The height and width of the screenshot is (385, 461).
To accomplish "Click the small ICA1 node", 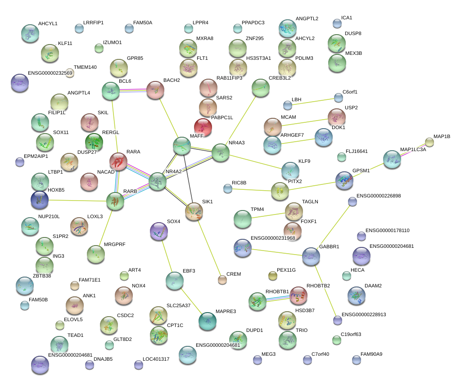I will pos(337,23).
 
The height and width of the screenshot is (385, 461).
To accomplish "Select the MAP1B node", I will pos(429,143).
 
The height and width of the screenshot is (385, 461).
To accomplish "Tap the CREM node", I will pos(222,280).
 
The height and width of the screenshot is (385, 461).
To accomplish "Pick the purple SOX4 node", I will pos(158,231).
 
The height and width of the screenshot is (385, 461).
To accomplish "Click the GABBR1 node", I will pos(311,256).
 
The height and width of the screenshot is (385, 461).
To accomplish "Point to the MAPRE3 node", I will pos(207,320).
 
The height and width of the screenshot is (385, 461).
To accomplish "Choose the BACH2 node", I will pos(155,90).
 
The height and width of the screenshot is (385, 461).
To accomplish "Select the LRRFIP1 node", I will pos(79,29).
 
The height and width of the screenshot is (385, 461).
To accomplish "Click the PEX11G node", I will pos(272,275).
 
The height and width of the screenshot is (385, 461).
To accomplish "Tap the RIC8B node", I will pos(228,188).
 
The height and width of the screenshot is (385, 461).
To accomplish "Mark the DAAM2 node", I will pos(357,295).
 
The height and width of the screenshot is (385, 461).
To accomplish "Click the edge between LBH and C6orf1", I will pos(313,101).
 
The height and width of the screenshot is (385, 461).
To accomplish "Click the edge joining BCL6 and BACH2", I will pos(133,90).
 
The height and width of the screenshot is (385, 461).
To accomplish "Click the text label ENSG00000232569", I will pos(50,73).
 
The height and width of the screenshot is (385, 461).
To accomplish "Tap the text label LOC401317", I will pos(156,359).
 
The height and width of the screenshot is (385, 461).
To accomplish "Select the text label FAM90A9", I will pos(371,354).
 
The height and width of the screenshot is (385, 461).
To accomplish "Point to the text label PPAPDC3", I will pos(253,22).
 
